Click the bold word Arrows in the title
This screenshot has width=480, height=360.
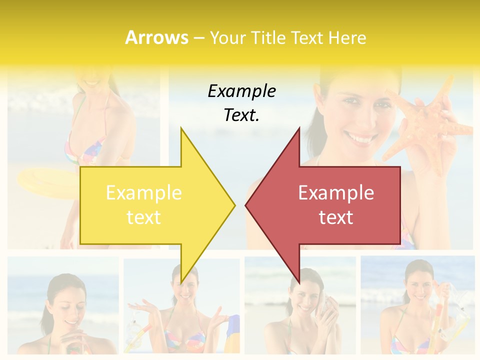[156, 37]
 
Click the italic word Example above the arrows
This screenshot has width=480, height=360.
[241, 91]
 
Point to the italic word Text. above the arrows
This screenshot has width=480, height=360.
[241, 115]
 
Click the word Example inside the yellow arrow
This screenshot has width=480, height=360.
[143, 192]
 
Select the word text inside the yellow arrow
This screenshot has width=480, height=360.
[143, 217]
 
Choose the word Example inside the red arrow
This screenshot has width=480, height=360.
[336, 192]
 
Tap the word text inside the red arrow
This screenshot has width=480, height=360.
[336, 217]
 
